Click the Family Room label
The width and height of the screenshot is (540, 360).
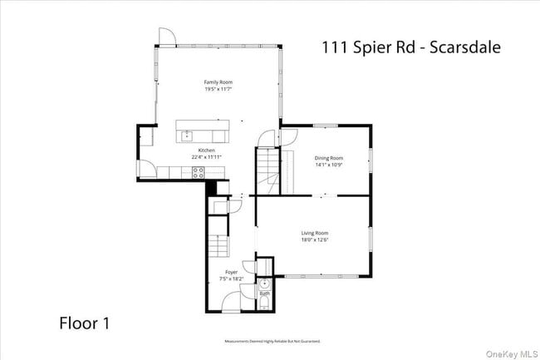(x=218, y=82)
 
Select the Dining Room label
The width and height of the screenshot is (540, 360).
(x=328, y=157)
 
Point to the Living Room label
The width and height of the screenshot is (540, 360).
(x=315, y=233)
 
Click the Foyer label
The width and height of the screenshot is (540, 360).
(x=231, y=272)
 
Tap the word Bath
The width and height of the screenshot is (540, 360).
(x=264, y=293)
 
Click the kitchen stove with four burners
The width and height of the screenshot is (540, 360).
(x=199, y=172)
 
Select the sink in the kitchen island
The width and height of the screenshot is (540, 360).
(x=187, y=134)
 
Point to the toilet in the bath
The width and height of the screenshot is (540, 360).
(x=264, y=304)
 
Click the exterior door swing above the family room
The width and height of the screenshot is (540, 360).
(x=165, y=36)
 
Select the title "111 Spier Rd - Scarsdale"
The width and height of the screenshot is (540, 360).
(x=410, y=47)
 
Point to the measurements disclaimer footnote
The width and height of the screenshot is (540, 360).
(x=272, y=341)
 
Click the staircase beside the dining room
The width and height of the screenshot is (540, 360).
(x=268, y=166)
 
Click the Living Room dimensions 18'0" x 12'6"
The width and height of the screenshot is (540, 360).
(x=315, y=240)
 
